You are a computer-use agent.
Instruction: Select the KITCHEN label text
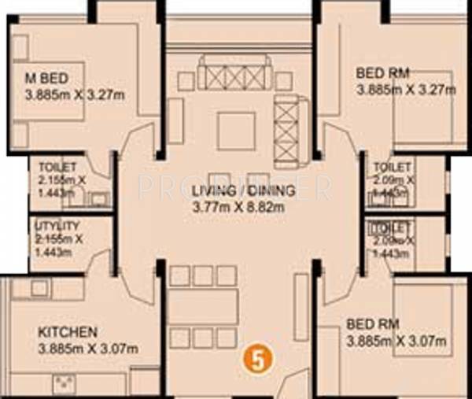coord(68,331)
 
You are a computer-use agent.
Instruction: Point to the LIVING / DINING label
coord(243,190)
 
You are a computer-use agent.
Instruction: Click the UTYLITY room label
coord(57,227)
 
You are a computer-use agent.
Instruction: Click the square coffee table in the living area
coord(236,131)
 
